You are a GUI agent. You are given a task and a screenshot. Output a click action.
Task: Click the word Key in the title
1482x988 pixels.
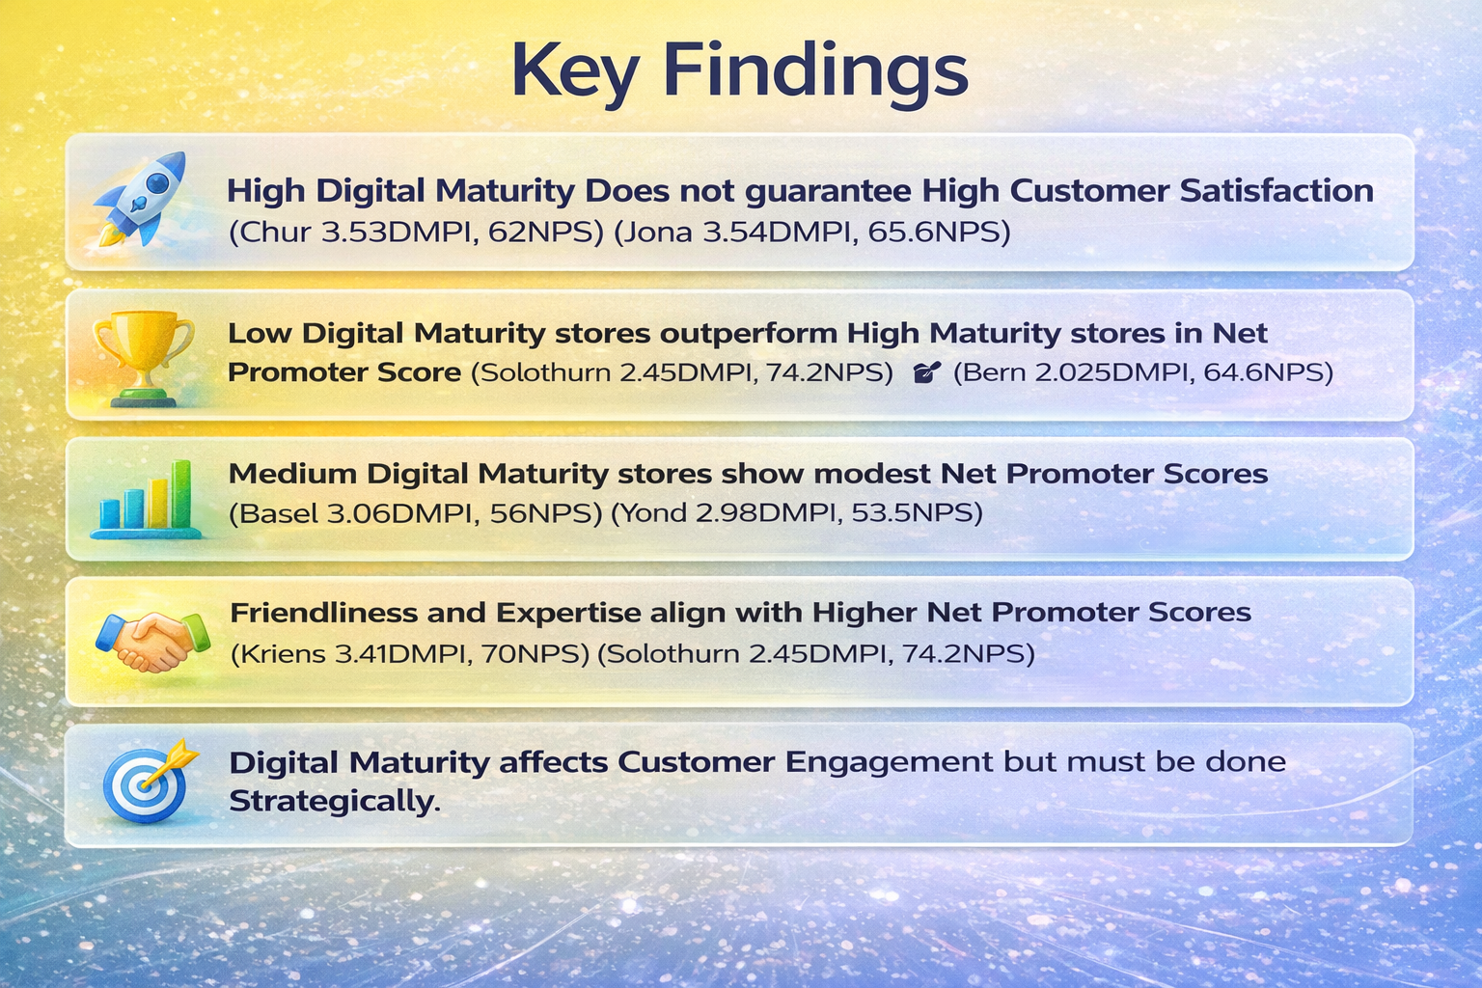(576, 72)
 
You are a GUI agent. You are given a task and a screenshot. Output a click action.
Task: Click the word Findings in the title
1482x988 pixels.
(815, 72)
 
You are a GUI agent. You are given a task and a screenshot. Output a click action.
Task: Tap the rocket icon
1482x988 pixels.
(140, 199)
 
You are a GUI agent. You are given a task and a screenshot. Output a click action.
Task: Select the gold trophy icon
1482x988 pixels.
(143, 358)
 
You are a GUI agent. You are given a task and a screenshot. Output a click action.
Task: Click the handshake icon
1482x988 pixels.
(152, 642)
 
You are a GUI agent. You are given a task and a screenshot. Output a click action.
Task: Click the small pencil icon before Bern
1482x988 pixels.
(926, 372)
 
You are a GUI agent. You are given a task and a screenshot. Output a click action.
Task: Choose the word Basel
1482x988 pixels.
(279, 513)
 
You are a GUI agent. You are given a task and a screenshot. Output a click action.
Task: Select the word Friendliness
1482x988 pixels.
(323, 613)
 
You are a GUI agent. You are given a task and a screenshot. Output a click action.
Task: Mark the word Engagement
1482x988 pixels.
(890, 763)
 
